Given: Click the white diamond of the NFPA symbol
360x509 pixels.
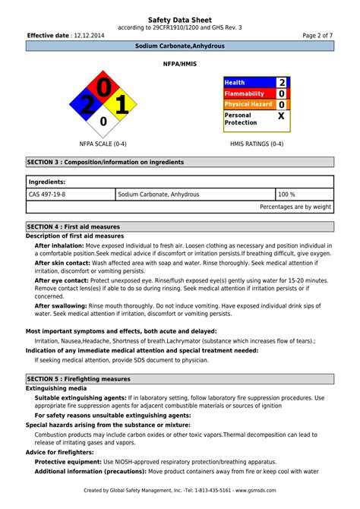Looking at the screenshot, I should [103, 121].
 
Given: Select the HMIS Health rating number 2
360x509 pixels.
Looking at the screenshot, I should [282, 82].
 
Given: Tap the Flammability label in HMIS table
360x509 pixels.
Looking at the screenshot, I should [245, 93].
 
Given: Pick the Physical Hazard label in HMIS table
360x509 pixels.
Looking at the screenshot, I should [248, 104].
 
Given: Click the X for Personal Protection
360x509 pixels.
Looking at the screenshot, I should [282, 116].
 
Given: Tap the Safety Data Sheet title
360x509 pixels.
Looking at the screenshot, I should [180, 19].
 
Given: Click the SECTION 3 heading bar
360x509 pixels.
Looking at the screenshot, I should [180, 162].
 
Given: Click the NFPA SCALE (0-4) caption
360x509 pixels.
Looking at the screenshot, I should [103, 144].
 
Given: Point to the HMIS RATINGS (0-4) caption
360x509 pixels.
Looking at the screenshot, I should [257, 144].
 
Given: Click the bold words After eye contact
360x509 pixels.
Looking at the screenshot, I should [60, 280].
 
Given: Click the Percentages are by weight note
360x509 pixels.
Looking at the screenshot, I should [295, 207].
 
